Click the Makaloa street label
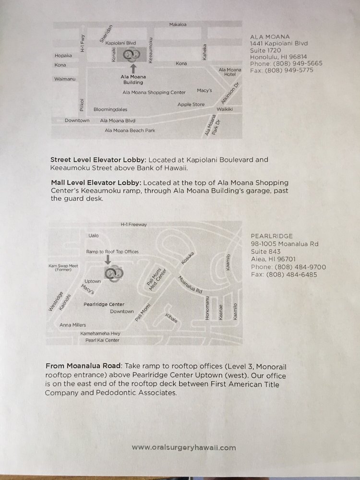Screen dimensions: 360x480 pos(178,24)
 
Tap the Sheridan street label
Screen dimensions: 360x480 pos(106,34)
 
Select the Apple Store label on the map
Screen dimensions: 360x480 pos(191,104)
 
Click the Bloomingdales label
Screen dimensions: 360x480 pos(110,109)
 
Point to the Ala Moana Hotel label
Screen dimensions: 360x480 pos(230,72)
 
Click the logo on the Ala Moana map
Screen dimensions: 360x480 pos(132,55)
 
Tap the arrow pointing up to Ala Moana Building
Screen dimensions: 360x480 pos(133,68)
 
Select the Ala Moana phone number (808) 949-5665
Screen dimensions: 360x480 pos(298,64)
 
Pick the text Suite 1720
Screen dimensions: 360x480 pos(265,50)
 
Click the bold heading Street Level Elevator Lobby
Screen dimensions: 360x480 pos(98,160)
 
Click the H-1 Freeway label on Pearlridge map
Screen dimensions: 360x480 pos(134,224)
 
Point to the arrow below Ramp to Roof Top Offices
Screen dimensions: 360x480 pos(108,260)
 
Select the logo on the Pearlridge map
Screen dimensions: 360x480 pos(114,273)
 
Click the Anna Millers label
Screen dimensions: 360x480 pos(72,325)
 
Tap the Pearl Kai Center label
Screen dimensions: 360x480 pos(102,340)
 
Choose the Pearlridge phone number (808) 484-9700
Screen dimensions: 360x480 pos(300,267)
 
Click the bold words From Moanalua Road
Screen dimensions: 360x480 pos(83,366)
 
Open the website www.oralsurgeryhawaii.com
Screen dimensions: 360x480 pos(184,447)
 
